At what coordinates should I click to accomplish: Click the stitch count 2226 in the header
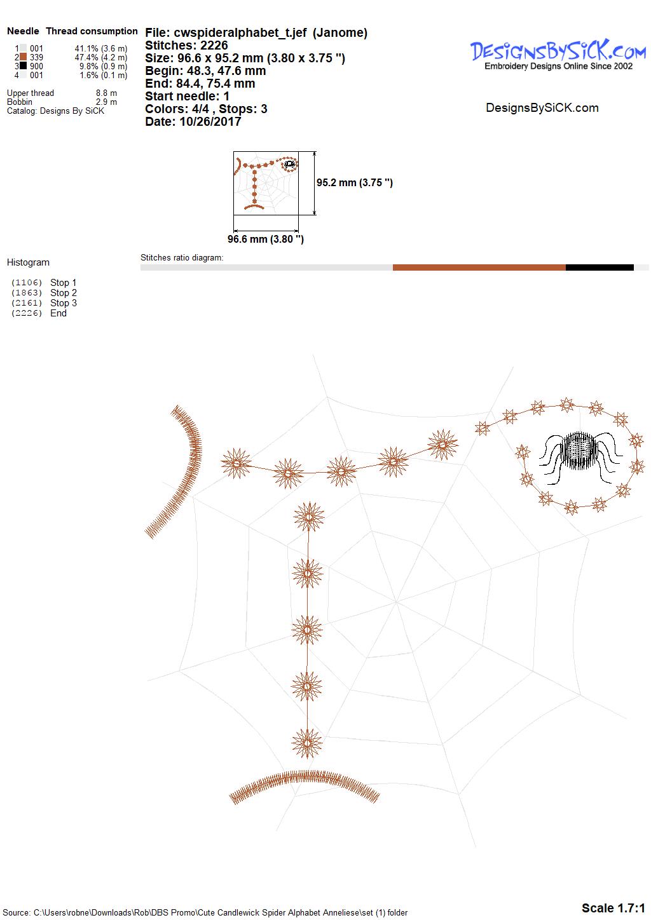(x=214, y=45)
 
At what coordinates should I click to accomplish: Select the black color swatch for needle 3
(x=24, y=65)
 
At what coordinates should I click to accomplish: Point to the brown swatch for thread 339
(x=24, y=57)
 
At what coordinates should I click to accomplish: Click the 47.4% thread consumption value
(x=86, y=57)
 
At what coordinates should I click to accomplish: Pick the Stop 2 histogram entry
(x=64, y=293)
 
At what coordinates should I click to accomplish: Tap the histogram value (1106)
(x=27, y=283)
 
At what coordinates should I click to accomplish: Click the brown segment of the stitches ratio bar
(x=479, y=267)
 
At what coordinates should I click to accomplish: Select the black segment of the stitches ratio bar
(x=600, y=267)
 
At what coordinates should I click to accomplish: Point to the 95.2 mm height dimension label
(x=355, y=182)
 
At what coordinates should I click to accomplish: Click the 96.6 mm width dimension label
(x=266, y=239)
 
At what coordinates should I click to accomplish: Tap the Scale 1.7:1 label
(x=613, y=908)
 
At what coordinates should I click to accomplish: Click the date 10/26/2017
(x=210, y=121)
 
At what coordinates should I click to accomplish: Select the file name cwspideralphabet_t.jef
(x=240, y=32)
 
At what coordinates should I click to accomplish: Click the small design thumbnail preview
(x=266, y=183)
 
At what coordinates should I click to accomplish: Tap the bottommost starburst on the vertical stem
(x=306, y=743)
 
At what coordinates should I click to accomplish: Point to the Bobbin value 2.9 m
(x=106, y=102)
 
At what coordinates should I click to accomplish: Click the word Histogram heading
(x=28, y=262)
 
